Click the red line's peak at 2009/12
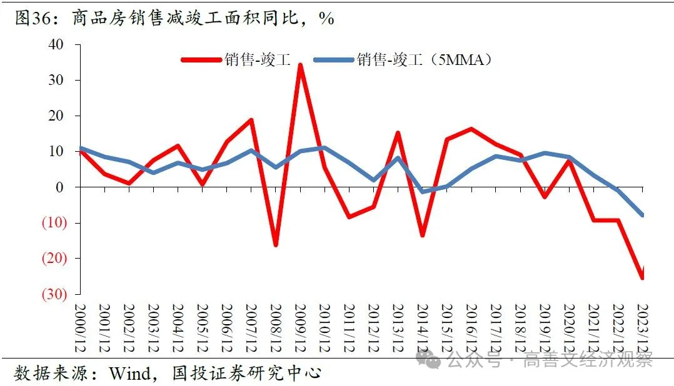coord(300,64)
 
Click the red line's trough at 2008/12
coord(276,245)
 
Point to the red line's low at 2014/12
coord(423,235)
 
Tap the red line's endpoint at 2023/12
coord(642,277)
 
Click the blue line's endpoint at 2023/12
coord(642,215)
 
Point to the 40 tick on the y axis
coord(56,44)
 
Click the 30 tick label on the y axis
coord(56,80)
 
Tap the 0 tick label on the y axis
coord(60,187)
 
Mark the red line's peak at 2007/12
coord(251,119)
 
